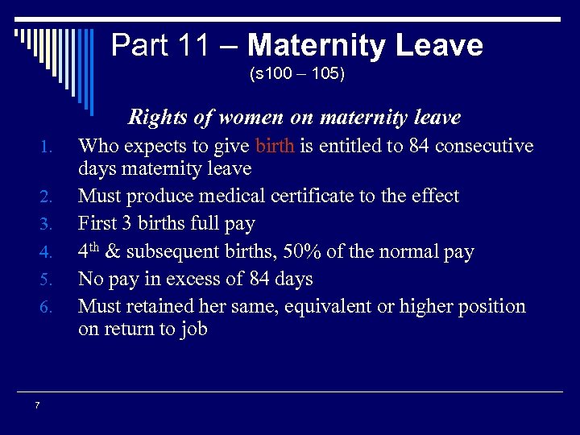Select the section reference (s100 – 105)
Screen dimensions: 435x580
pyautogui.click(x=297, y=75)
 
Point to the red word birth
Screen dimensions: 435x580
pyautogui.click(x=275, y=146)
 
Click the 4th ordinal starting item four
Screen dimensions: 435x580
pyautogui.click(x=89, y=251)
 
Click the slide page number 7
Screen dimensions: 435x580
pyautogui.click(x=37, y=405)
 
